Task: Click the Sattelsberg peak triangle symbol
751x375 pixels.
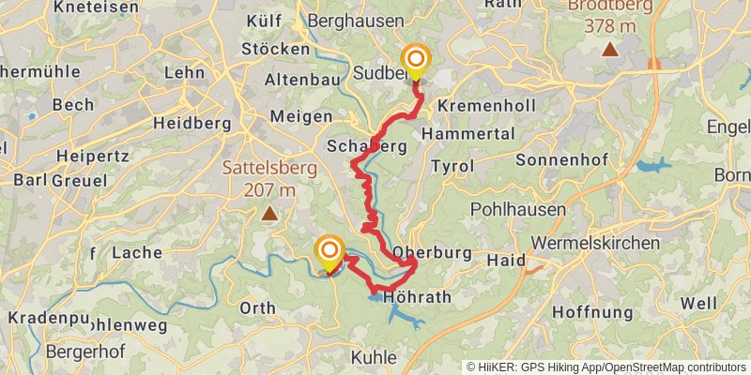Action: tap(270, 214)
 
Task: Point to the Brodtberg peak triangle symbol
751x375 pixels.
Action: tap(610, 49)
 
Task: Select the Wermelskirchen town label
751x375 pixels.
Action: tap(594, 243)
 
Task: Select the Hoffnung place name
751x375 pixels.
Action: tap(594, 311)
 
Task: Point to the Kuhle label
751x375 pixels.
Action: tap(374, 357)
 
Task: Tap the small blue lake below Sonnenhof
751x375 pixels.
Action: tap(654, 166)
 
